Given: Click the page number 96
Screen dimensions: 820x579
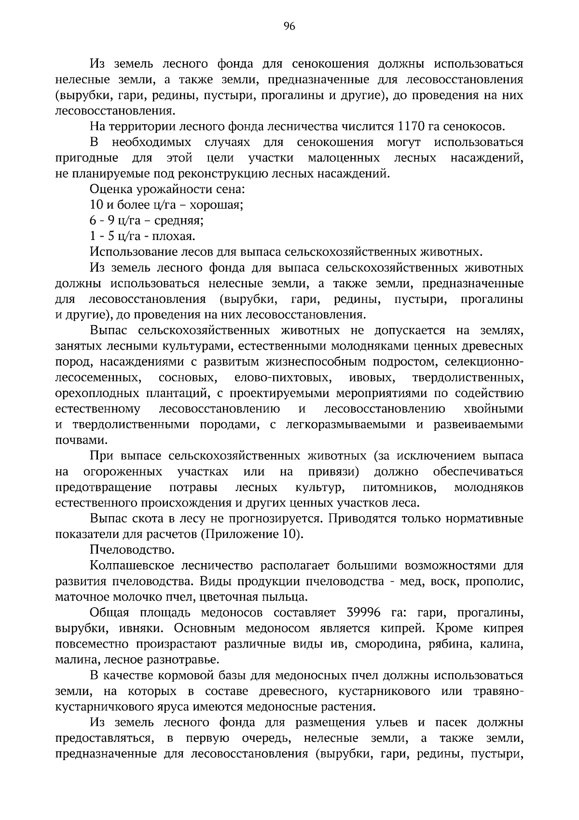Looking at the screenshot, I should click(x=289, y=27).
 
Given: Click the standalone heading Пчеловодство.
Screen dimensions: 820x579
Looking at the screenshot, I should click(x=132, y=550).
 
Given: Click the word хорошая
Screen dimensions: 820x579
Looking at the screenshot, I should click(x=216, y=205).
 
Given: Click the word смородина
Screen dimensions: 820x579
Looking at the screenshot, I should click(x=386, y=644).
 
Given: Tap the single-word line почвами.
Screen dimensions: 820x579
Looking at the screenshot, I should click(x=81, y=440).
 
